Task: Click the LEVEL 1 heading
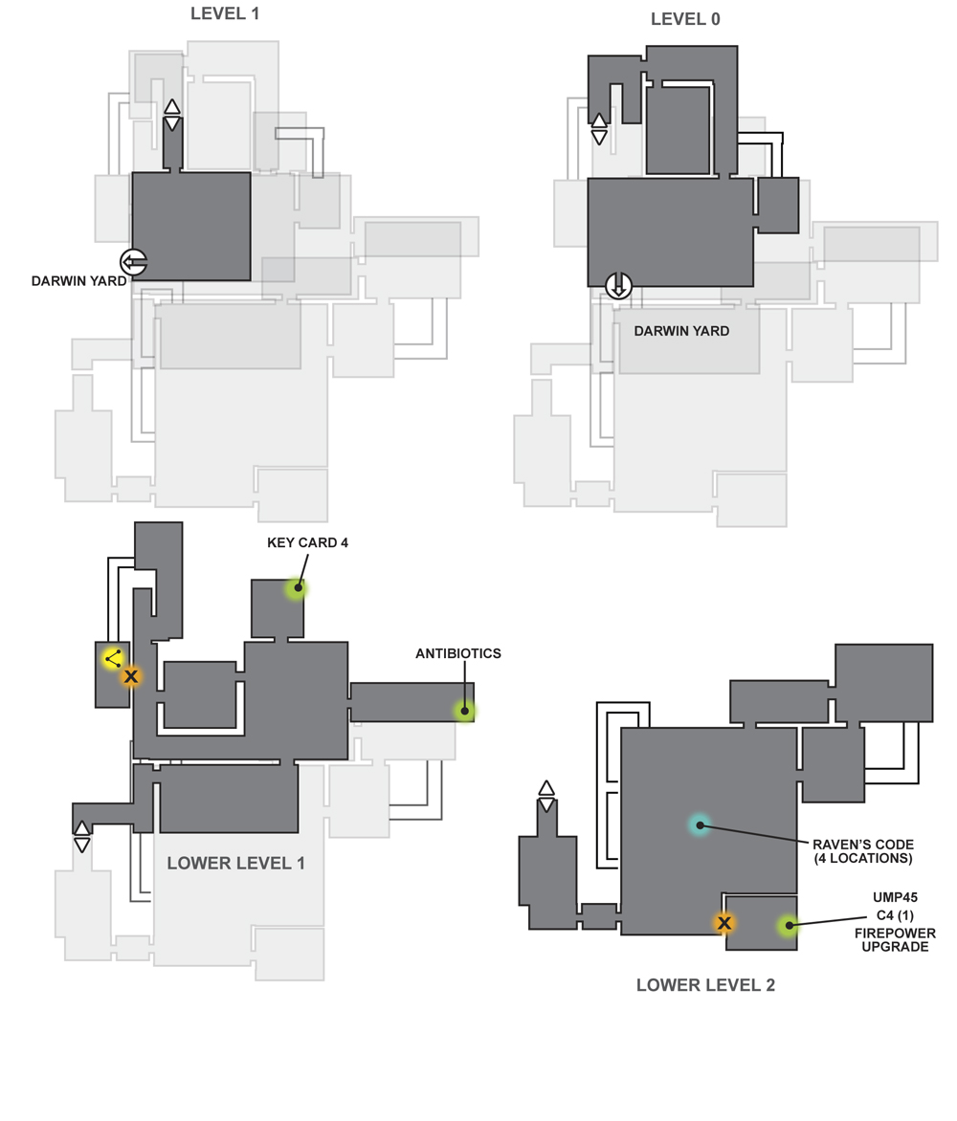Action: tap(225, 13)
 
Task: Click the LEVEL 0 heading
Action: tap(685, 19)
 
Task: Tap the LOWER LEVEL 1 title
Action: tap(236, 863)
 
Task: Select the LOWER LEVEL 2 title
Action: tap(706, 984)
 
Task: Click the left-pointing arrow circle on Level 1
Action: tap(134, 262)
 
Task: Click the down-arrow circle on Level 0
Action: tap(618, 285)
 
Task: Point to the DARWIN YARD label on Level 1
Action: tap(78, 281)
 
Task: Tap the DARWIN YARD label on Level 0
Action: tap(681, 331)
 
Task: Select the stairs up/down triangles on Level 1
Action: tap(172, 115)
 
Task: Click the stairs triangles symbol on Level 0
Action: tap(599, 129)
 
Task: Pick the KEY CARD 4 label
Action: tap(307, 542)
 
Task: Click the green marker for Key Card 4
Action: tap(297, 588)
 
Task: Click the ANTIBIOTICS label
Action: tap(458, 653)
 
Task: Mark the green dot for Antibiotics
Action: tap(465, 711)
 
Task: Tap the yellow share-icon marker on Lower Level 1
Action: tap(113, 658)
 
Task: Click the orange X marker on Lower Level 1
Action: tap(131, 676)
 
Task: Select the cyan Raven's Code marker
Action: tap(700, 825)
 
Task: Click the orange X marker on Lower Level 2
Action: tap(723, 923)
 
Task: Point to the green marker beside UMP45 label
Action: tap(788, 926)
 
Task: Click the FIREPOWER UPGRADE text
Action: tap(895, 940)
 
